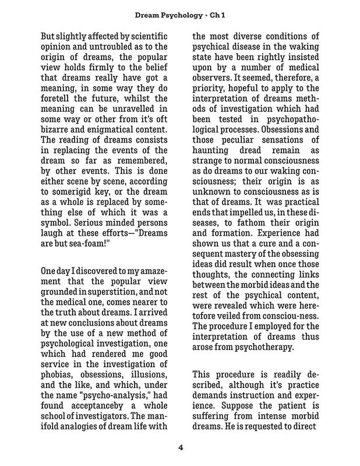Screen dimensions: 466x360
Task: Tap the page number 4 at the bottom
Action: (x=179, y=448)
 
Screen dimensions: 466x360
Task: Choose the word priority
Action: (x=213, y=77)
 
